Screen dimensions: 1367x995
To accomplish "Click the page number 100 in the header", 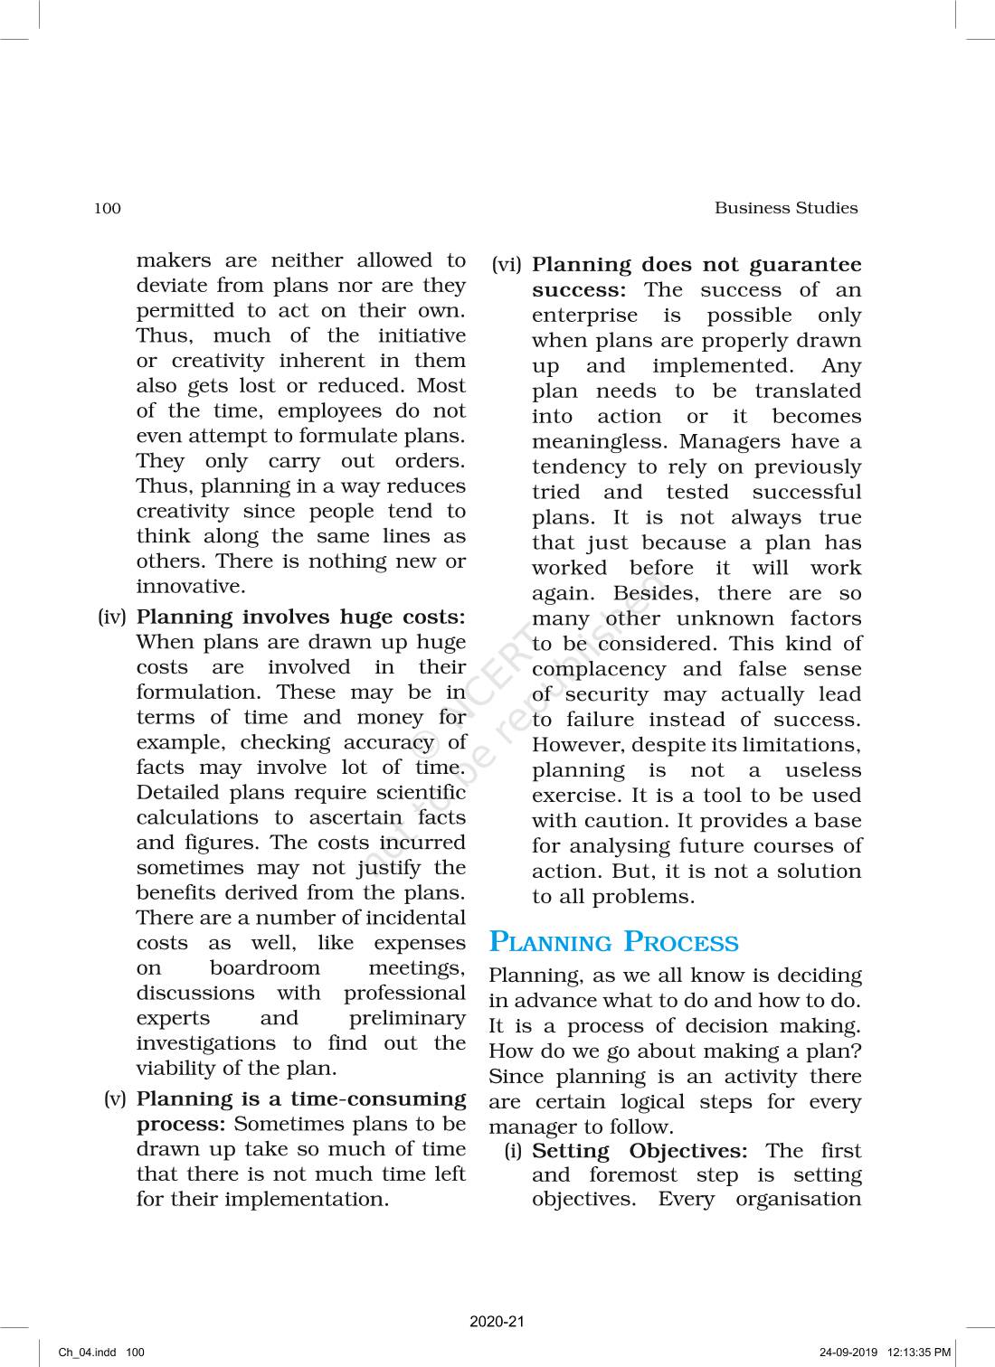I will pyautogui.click(x=107, y=209).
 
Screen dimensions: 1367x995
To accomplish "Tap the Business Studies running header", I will pyautogui.click(x=785, y=208).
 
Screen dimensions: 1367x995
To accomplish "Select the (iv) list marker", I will pyautogui.click(x=111, y=618).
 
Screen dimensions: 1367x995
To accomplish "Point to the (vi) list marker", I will pyautogui.click(x=507, y=265).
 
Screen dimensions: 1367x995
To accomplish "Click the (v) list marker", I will pyautogui.click(x=115, y=1099).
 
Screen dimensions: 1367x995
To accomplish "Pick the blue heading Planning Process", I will pyautogui.click(x=613, y=942).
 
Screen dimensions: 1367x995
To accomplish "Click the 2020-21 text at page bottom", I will pyautogui.click(x=497, y=1322).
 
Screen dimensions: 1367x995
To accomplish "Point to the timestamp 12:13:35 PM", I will pyautogui.click(x=919, y=1353).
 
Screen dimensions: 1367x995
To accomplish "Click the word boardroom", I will pyautogui.click(x=264, y=968).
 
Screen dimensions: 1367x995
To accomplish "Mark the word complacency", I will pyautogui.click(x=598, y=670).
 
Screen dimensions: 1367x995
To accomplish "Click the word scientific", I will pyautogui.click(x=421, y=793).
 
